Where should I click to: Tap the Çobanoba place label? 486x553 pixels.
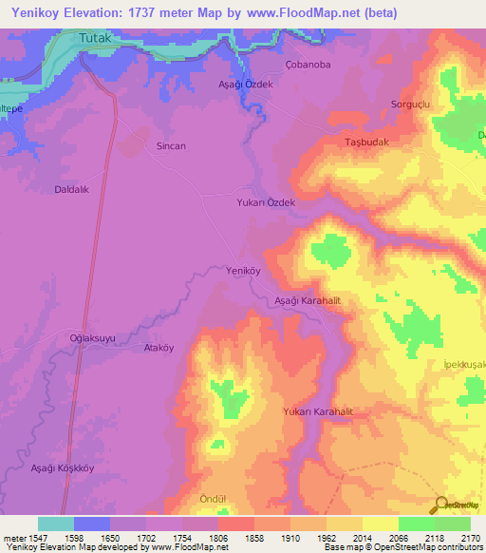pos(308,66)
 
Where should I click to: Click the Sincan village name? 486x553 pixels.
pos(171,146)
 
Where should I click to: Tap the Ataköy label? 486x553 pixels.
pos(159,348)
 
